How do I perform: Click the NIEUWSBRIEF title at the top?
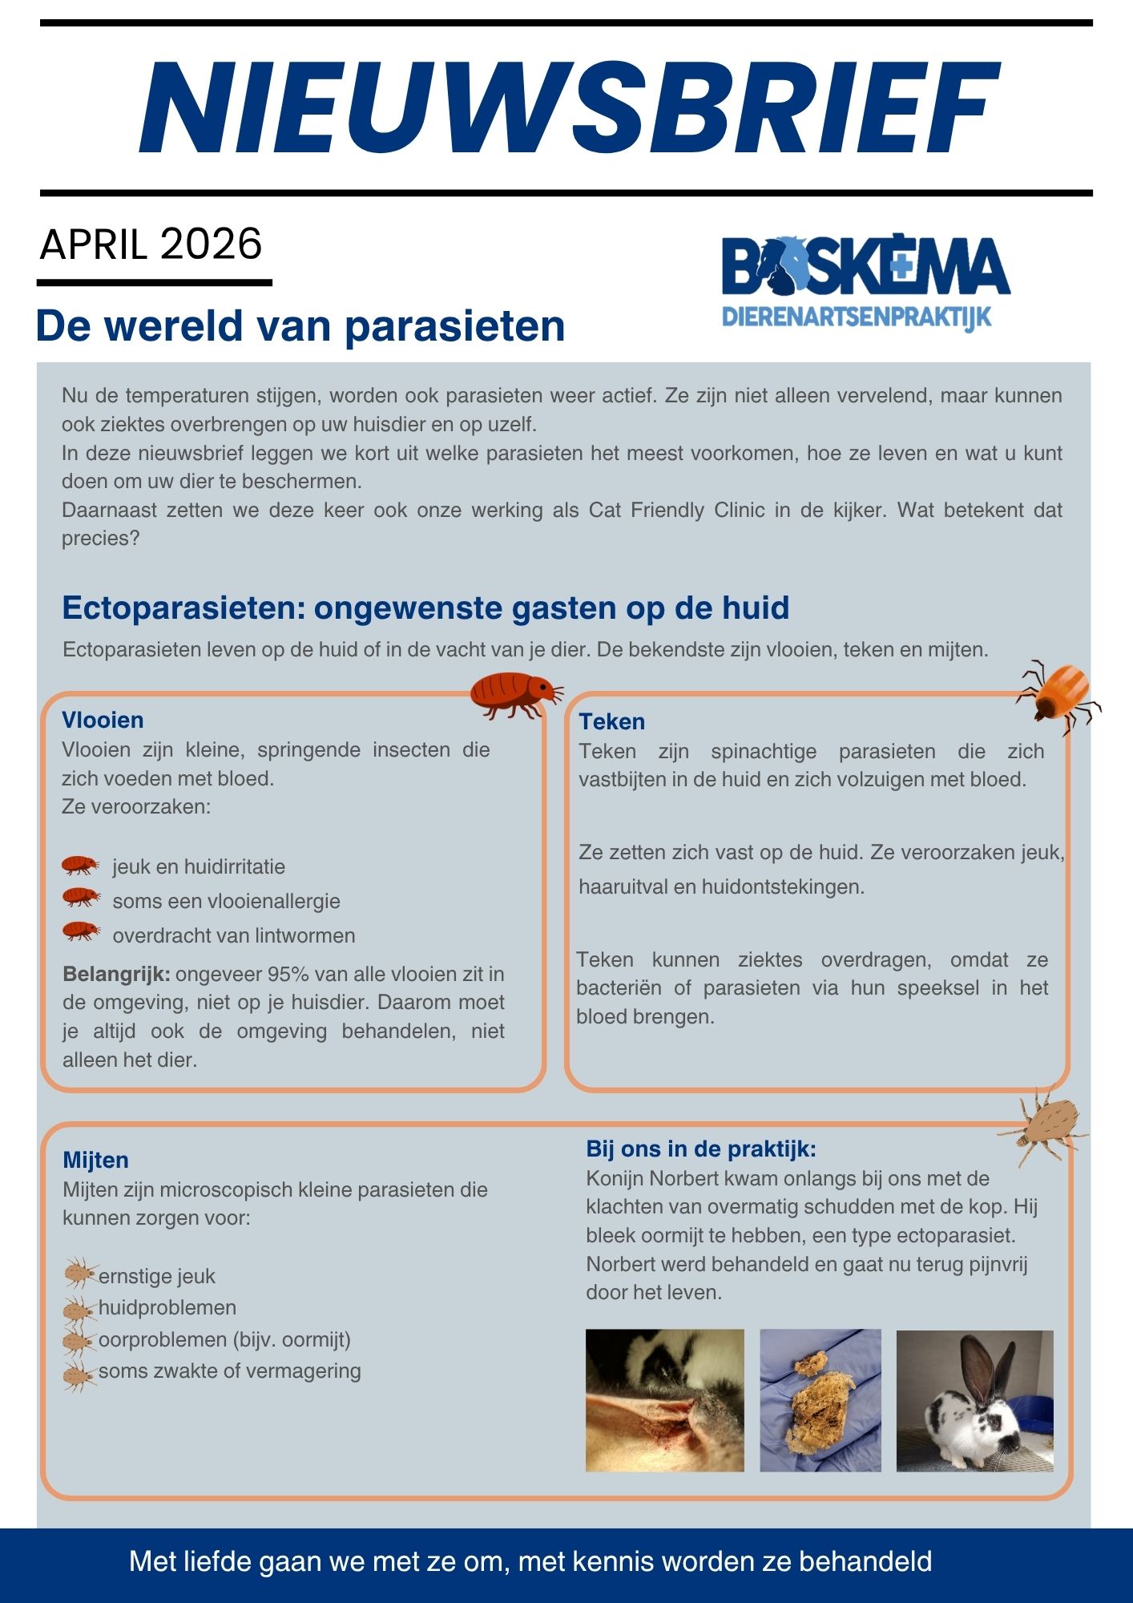569,109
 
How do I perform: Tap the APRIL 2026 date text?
151,244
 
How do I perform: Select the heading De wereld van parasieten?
300,326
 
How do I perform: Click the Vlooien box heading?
103,720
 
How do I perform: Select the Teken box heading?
612,721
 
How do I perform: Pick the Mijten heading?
95,1160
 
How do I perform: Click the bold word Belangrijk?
116,974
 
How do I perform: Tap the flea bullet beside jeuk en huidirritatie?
81,866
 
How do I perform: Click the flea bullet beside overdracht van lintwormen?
81,932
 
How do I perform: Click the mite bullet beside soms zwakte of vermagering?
80,1375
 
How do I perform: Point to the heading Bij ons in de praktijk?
701,1149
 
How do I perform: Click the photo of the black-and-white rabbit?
974,1400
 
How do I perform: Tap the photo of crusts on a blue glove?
820,1400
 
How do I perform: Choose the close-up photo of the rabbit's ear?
664,1400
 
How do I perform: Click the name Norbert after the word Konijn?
687,1178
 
